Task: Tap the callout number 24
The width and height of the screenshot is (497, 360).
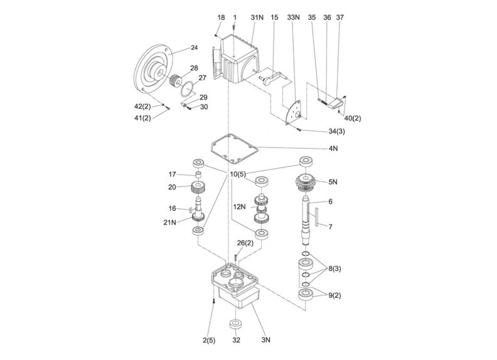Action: [x=193, y=48]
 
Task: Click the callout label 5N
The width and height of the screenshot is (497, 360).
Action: [x=333, y=182]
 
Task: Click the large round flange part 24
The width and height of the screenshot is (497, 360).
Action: [x=152, y=70]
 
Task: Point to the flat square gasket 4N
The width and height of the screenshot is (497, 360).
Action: [x=232, y=147]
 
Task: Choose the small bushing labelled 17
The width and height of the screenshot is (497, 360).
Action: [x=198, y=174]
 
